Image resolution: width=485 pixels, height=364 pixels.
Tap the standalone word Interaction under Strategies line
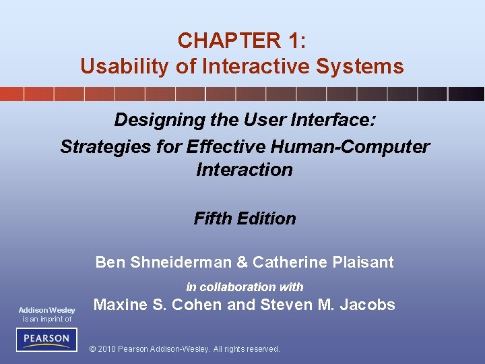245,170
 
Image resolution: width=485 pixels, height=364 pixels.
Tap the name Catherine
285,262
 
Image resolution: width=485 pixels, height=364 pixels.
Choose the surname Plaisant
363,262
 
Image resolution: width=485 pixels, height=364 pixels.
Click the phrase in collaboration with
245,286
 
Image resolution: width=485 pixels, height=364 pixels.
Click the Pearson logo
47,338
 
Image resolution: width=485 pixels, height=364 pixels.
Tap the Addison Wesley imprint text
47,310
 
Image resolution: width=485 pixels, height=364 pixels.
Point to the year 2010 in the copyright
108,349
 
